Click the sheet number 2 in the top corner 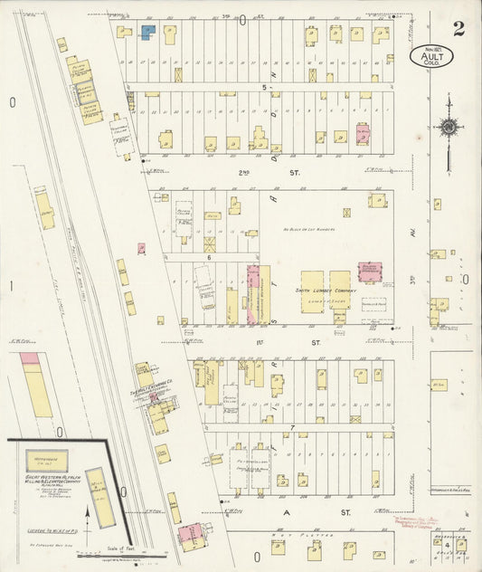coord(459,28)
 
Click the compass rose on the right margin coord(449,128)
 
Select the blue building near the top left coord(147,31)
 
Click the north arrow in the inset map coord(86,521)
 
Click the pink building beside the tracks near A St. coord(191,537)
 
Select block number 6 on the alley coord(208,258)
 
